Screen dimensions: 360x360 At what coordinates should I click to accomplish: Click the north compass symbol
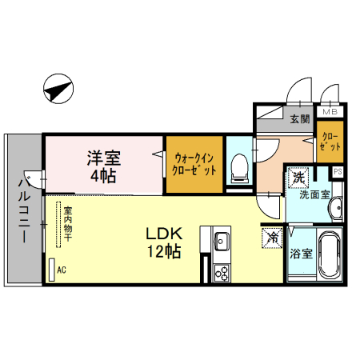pos(58,89)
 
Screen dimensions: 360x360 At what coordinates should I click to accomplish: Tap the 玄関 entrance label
pos(300,119)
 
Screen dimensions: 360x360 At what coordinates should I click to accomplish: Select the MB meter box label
pos(330,112)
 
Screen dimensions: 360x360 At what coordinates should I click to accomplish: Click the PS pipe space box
pos(338,171)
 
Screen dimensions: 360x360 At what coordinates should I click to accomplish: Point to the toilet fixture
pos(239,169)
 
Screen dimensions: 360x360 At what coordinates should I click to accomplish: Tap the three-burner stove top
pos(222,273)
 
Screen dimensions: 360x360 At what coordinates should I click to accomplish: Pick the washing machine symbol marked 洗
pos(298,178)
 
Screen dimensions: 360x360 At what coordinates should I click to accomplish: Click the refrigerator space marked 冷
pos(272,238)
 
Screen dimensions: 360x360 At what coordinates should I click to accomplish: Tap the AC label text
pos(62,270)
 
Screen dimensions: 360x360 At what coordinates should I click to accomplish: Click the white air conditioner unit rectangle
pos(52,270)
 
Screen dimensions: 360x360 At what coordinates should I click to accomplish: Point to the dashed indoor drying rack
pos(58,225)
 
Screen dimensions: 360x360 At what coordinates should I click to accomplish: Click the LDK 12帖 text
pos(164,242)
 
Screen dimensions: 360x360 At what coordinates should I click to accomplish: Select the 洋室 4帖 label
pos(104,166)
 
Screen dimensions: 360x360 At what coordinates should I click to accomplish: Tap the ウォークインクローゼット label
pos(194,164)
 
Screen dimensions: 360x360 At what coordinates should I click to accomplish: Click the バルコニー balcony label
pos(24,210)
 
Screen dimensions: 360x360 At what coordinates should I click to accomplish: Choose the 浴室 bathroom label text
pos(301,254)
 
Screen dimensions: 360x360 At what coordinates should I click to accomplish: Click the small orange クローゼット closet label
pos(330,142)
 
